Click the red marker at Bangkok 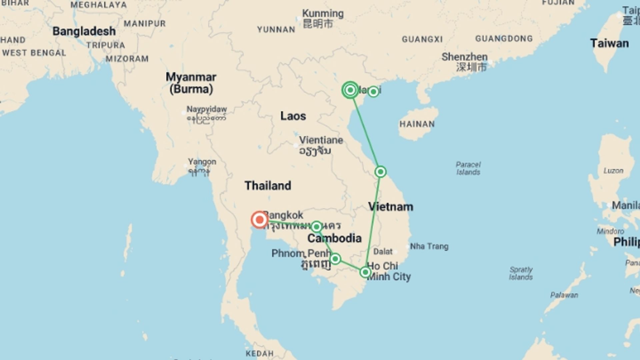click(259, 220)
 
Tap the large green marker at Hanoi click(350, 90)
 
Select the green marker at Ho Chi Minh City click(365, 272)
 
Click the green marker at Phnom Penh click(335, 259)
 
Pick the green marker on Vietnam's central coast click(380, 172)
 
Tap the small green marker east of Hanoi click(373, 91)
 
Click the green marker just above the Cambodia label click(316, 227)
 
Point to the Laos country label click(293, 116)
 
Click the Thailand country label click(268, 186)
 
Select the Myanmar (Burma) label click(191, 83)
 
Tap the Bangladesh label click(84, 31)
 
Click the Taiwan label click(609, 43)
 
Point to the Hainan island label click(417, 124)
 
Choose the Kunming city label click(323, 14)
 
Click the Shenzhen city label click(464, 57)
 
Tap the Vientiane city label click(321, 140)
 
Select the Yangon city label click(202, 162)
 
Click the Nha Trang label click(429, 246)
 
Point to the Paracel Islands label click(468, 168)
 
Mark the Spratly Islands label click(521, 273)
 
